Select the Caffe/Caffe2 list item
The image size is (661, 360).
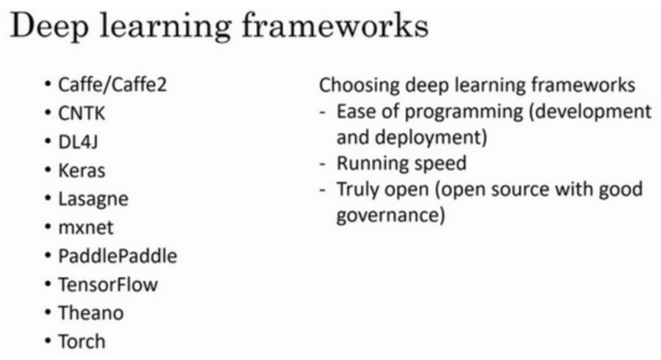(x=112, y=85)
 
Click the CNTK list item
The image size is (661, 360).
(x=82, y=113)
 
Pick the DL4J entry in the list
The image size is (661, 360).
(x=78, y=142)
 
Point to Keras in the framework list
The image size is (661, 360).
(x=82, y=170)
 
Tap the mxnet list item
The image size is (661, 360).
(x=86, y=228)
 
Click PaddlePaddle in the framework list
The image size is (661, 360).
(x=118, y=256)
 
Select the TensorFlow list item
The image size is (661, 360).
(x=108, y=285)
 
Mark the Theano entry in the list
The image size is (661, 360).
(x=91, y=313)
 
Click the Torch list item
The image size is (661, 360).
(x=82, y=341)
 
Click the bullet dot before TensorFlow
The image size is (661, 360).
(x=48, y=285)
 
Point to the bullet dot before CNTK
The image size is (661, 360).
(x=48, y=113)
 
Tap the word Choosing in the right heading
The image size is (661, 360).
(x=360, y=86)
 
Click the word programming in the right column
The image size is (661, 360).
(x=464, y=113)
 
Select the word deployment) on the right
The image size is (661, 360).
(x=431, y=138)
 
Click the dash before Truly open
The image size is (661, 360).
(x=322, y=190)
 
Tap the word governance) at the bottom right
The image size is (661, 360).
(x=391, y=216)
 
